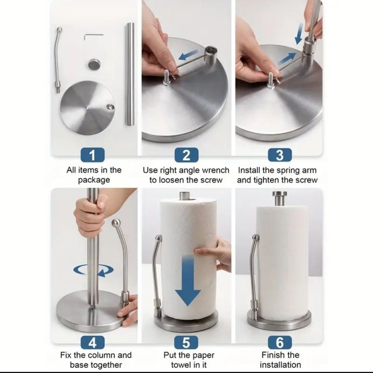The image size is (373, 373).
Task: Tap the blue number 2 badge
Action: [186, 154]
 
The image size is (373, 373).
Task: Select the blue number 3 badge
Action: [279, 154]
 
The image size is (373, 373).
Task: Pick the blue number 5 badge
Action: [186, 342]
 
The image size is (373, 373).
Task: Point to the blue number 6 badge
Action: [279, 342]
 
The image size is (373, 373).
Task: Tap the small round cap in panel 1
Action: [93, 64]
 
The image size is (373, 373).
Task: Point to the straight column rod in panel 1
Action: [130, 76]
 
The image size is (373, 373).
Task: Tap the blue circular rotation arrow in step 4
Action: [93, 270]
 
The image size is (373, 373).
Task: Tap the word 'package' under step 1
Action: [94, 180]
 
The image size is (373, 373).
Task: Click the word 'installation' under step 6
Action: [280, 365]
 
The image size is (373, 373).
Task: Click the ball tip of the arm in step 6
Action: [255, 238]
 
